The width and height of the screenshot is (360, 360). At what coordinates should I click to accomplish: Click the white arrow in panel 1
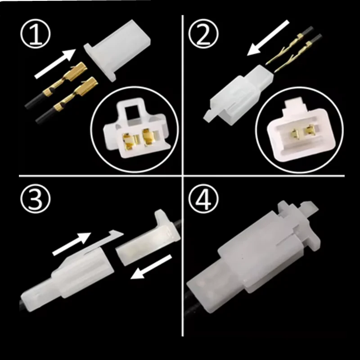(55, 62)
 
